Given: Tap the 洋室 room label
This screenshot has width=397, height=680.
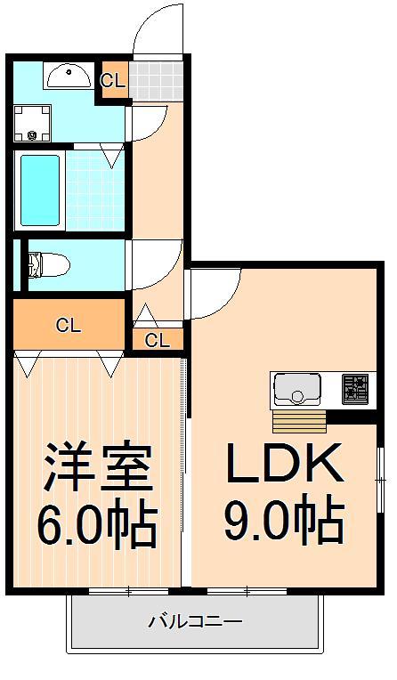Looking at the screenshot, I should (x=96, y=466).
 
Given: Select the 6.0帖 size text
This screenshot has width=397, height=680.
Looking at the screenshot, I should (x=96, y=525).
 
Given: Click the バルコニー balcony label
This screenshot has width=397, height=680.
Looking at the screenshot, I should (x=194, y=620).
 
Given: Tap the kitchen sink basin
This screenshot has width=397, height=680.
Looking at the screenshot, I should (x=296, y=388).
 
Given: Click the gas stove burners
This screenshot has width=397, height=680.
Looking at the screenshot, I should (x=355, y=388).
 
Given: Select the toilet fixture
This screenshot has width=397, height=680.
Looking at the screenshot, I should (x=48, y=263).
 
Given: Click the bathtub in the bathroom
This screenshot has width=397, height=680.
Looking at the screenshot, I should (x=39, y=190).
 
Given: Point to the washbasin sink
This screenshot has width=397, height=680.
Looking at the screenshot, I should (x=68, y=78).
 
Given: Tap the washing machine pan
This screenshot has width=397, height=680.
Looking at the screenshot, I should (x=33, y=123).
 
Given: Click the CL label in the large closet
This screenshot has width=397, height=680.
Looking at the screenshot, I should (x=69, y=325).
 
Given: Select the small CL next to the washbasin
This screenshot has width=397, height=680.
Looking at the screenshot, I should (x=113, y=80).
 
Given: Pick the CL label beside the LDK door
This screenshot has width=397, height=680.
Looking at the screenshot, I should (x=158, y=339).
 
